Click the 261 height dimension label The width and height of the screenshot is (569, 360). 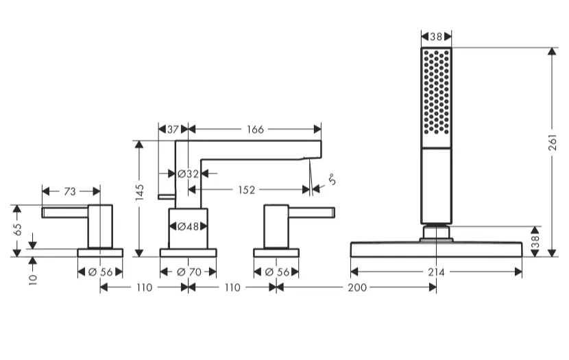point(552,142)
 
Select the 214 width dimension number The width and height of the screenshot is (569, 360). point(436,272)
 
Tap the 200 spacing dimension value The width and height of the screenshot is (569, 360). point(357,287)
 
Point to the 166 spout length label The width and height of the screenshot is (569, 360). point(255,129)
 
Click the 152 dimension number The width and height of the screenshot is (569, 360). point(246,190)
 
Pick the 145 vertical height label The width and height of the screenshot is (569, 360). point(139,192)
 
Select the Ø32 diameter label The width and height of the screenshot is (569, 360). point(188,174)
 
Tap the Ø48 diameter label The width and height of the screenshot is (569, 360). point(188,227)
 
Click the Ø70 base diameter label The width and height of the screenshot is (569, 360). point(189,272)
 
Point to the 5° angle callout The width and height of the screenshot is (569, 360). point(331,180)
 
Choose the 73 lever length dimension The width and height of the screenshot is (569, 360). point(70,191)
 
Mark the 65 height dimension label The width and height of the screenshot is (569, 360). point(17,229)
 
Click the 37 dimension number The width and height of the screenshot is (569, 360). point(173,129)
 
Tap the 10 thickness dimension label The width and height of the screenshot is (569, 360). point(33,280)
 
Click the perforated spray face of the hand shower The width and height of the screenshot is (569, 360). point(436,91)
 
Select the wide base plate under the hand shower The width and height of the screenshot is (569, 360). point(436,250)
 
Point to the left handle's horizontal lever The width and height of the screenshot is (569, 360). point(65,213)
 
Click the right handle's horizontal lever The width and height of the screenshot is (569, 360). point(311,213)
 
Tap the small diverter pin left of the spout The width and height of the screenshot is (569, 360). point(167,197)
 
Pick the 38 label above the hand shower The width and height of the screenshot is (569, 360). point(436,36)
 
